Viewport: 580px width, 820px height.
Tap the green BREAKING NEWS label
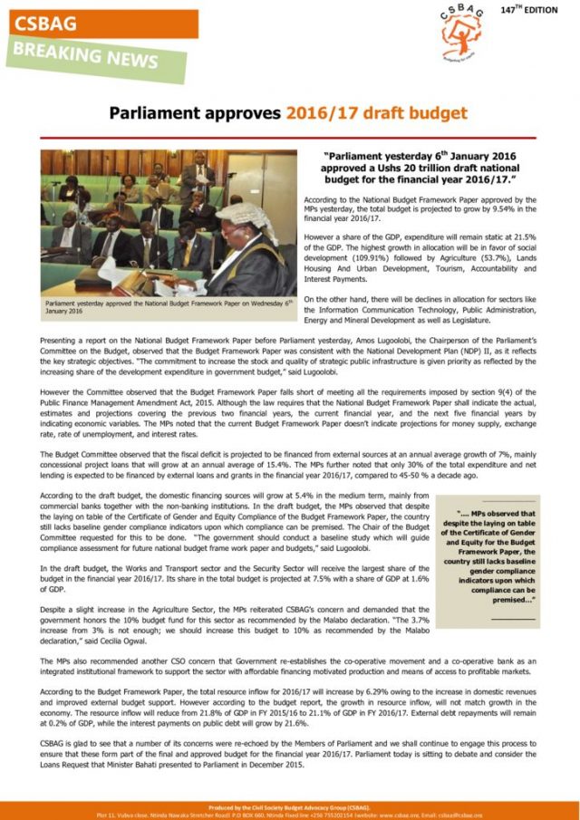coord(82,56)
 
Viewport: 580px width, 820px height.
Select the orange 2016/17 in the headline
coord(325,113)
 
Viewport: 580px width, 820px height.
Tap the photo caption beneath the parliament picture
coord(169,305)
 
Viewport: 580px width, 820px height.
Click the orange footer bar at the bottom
coord(290,809)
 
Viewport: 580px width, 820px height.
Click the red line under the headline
coord(290,137)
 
